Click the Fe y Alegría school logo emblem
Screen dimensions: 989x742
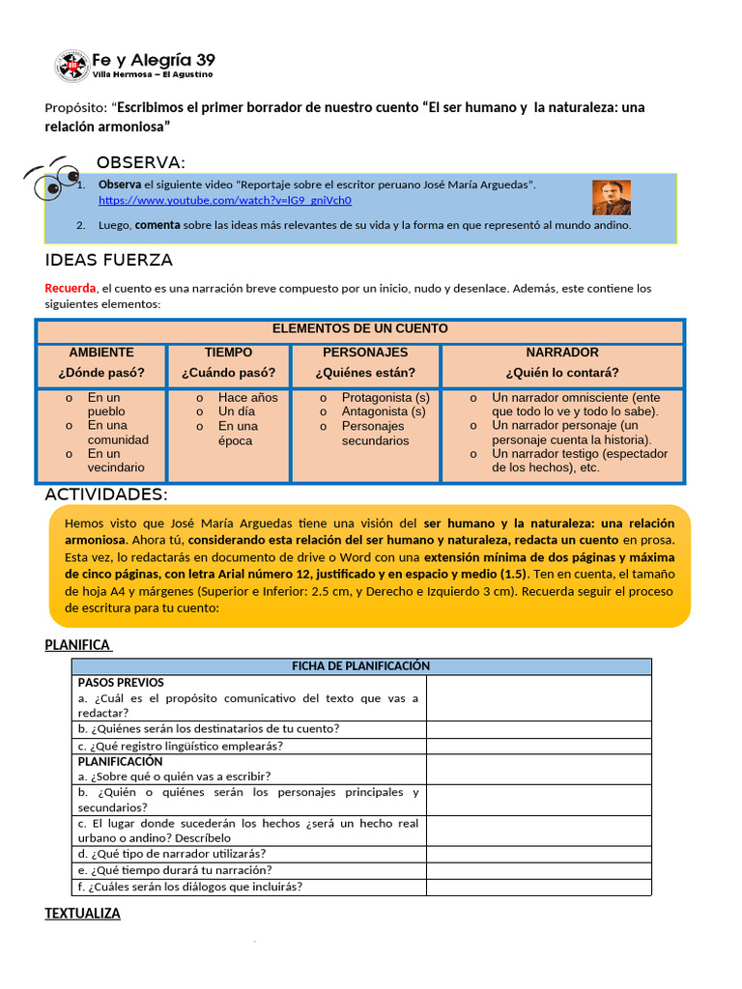coord(71,65)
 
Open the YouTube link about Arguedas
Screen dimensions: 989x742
coord(224,201)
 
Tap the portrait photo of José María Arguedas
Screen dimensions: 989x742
coord(611,197)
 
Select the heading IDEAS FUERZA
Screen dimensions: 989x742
coord(109,260)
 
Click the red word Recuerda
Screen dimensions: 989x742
coord(71,288)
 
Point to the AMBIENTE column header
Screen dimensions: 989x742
coord(101,353)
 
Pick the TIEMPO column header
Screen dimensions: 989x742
coord(228,353)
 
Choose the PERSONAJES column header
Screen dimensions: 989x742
coord(365,353)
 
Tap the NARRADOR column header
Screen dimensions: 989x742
coord(562,353)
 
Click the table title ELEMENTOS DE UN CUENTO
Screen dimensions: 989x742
coord(359,328)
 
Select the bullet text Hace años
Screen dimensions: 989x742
coord(247,398)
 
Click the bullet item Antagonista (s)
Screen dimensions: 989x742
coord(384,411)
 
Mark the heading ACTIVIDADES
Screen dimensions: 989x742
coord(106,494)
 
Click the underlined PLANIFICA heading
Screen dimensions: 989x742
coord(78,645)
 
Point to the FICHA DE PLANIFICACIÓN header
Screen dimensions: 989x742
coord(360,666)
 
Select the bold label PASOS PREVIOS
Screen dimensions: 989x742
coord(121,683)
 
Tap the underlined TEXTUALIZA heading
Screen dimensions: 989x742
coord(83,913)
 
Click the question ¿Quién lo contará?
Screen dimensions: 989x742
coord(562,373)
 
